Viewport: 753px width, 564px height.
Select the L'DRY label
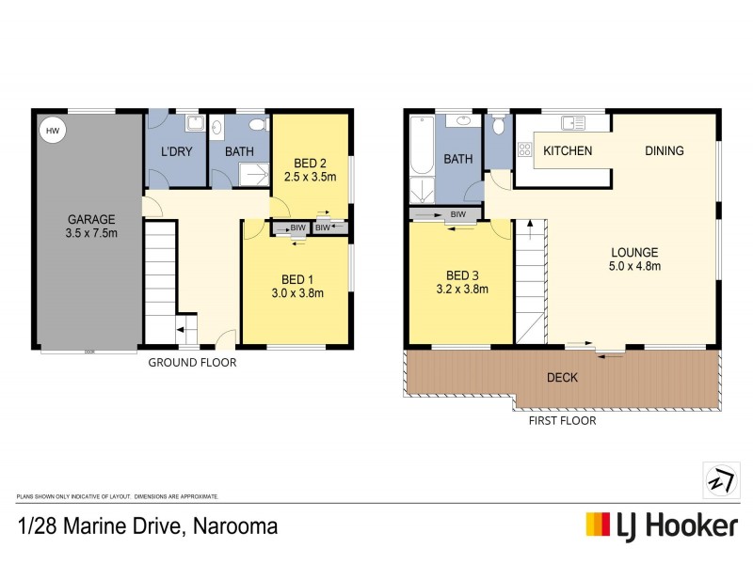(x=175, y=151)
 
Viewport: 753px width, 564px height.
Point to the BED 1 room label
(x=296, y=278)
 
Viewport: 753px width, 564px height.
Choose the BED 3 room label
(x=462, y=275)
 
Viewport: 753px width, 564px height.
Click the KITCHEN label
(x=568, y=150)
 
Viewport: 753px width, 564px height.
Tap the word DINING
(x=664, y=150)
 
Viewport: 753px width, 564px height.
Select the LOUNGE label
(x=633, y=252)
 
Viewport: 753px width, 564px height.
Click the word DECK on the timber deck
(x=562, y=378)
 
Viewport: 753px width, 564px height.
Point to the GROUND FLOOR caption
(x=192, y=362)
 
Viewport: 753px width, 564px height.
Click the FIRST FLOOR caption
(x=561, y=420)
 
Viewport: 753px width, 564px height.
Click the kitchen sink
(x=572, y=122)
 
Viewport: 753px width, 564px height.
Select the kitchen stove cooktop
(x=523, y=149)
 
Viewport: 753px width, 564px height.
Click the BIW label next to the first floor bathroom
(x=458, y=215)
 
